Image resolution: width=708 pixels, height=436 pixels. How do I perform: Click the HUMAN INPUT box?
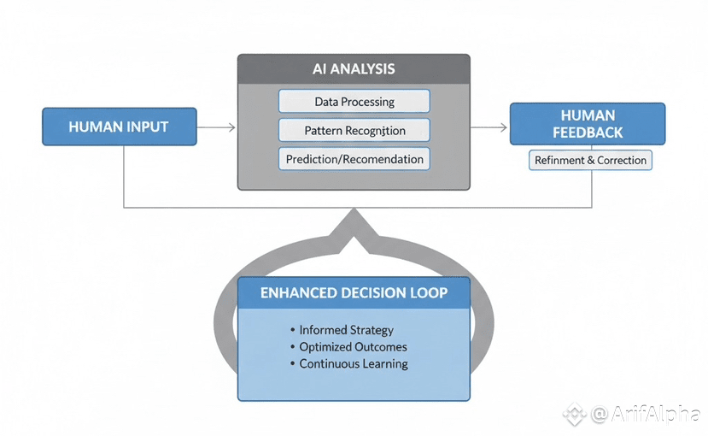tap(119, 127)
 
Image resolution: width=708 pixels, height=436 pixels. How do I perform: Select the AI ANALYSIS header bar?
tap(354, 68)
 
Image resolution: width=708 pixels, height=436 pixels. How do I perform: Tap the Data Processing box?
tap(354, 102)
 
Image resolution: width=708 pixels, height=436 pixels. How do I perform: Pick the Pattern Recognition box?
tap(354, 130)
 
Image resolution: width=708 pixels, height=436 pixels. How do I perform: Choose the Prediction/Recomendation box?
tap(354, 158)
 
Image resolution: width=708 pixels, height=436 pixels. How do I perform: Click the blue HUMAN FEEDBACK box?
tap(587, 124)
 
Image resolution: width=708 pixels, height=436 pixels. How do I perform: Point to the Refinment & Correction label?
tap(590, 160)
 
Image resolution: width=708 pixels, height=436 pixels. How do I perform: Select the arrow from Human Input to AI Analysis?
tap(217, 127)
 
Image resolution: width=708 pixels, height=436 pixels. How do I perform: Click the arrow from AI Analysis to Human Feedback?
tap(489, 127)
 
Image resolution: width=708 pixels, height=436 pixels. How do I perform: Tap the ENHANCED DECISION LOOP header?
tap(354, 292)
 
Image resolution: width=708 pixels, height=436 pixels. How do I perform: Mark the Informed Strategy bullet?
tap(346, 329)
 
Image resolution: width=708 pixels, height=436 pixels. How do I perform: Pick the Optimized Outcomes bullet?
tap(353, 346)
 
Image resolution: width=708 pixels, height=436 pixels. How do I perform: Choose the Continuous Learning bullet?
tap(353, 363)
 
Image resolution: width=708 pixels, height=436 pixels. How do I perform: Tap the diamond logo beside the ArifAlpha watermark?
tap(574, 415)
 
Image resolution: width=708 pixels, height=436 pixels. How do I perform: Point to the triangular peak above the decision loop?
tap(354, 224)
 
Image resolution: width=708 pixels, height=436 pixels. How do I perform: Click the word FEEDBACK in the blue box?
tap(587, 133)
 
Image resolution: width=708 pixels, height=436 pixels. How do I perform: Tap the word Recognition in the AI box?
tap(375, 130)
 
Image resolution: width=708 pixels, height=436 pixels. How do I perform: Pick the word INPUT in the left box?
tap(148, 127)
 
